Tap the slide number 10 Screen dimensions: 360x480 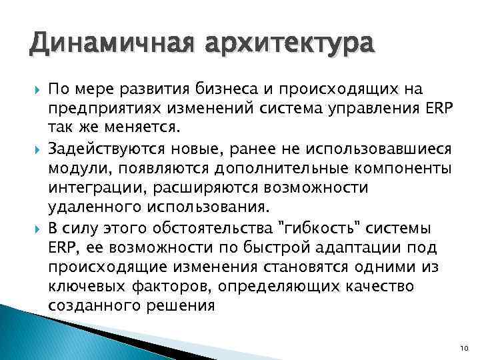pyautogui.click(x=464, y=346)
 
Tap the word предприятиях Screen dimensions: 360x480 pyautogui.click(x=99, y=108)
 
